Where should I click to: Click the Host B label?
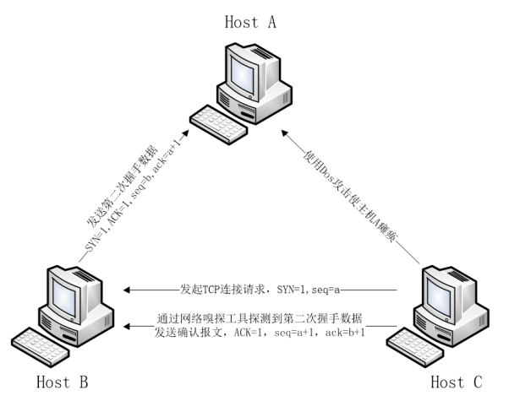(62, 382)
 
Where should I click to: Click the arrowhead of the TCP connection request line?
(127, 290)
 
